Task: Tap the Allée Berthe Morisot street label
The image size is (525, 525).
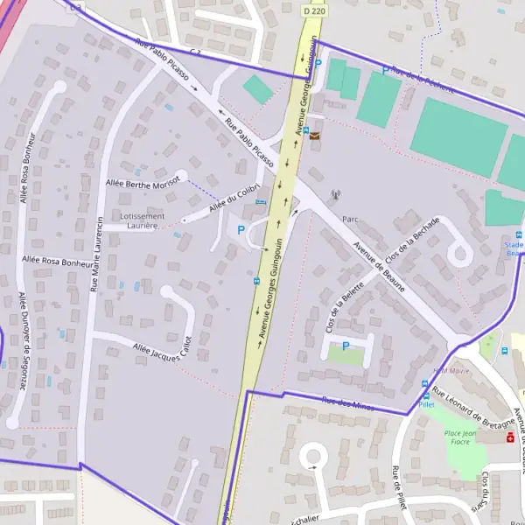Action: (x=142, y=181)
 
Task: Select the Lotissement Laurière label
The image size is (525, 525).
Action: (x=143, y=220)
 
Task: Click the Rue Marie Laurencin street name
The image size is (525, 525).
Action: (x=97, y=254)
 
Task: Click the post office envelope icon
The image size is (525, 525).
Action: (x=314, y=136)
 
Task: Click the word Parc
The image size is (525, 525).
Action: (x=351, y=220)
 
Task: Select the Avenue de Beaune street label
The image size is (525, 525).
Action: (x=379, y=266)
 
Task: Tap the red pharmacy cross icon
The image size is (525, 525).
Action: (x=510, y=437)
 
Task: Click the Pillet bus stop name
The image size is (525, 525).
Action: (x=426, y=405)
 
